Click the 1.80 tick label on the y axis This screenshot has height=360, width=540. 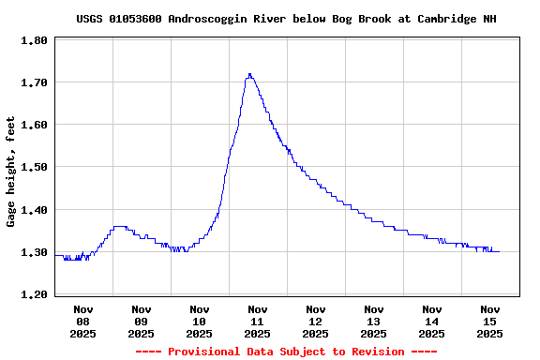(35, 41)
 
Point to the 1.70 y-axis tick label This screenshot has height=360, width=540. (35, 83)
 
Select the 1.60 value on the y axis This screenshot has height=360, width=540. (35, 126)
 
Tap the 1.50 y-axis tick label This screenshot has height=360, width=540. (35, 168)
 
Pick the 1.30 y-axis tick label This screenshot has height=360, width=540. (35, 253)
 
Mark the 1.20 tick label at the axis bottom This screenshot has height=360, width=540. (35, 295)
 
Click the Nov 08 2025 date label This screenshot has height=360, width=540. (83, 321)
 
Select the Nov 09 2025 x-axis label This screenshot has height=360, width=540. (142, 321)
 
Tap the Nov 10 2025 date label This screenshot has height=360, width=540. (200, 321)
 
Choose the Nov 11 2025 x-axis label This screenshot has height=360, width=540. (258, 321)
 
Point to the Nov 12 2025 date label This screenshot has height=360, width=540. (316, 321)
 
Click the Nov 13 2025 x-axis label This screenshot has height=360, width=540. (374, 321)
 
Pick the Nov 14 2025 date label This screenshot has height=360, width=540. (432, 321)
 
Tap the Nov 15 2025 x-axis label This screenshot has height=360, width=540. (490, 321)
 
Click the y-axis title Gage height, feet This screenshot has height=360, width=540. (11, 172)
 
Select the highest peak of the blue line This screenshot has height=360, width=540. (249, 74)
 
